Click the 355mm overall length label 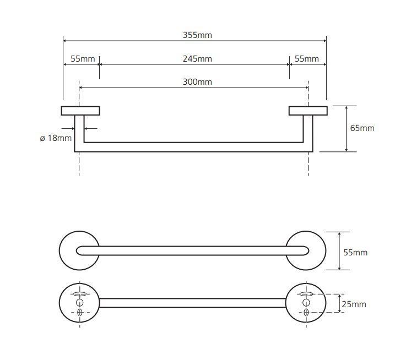tap(197, 35)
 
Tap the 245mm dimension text tap(197, 59)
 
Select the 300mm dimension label tap(197, 83)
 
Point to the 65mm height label tap(362, 128)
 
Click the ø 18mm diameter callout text tap(56, 138)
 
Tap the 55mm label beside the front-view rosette tap(355, 253)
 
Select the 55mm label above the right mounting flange tap(306, 59)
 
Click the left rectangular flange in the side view tap(80, 111)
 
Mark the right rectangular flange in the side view tap(307, 111)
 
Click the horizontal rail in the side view tap(193, 147)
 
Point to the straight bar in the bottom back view tap(193, 303)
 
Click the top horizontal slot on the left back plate tap(79, 294)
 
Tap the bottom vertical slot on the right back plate tap(307, 313)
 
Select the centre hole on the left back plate tap(79, 303)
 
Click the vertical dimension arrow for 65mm tap(346, 128)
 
